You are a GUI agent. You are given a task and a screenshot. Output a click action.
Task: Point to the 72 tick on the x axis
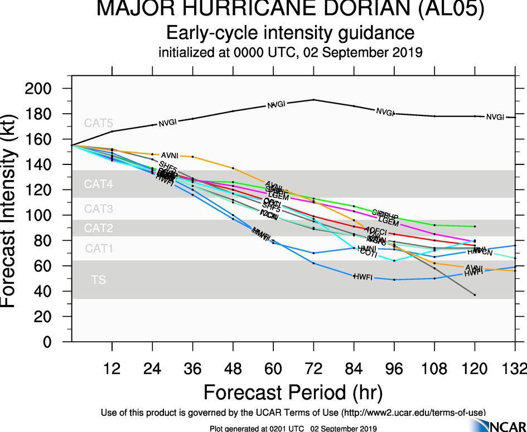[x=313, y=369]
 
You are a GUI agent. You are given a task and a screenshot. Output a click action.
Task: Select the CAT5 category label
[x=98, y=124]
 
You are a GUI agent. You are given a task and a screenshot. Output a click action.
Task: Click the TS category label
[x=98, y=280]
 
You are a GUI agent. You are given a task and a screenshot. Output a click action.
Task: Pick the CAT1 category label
[x=98, y=249]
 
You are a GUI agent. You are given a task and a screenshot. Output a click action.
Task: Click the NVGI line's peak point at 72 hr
[x=313, y=100]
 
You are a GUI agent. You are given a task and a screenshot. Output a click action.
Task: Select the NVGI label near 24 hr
[x=168, y=123]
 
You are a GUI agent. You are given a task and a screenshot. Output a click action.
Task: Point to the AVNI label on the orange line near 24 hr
[x=170, y=155]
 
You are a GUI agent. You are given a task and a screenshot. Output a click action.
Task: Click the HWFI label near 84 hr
[x=363, y=276]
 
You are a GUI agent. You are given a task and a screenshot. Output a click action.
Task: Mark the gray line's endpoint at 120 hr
[x=475, y=294]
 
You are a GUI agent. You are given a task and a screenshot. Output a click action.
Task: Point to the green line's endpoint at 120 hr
[x=475, y=226]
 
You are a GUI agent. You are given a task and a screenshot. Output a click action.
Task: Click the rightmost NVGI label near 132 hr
[x=495, y=117]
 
